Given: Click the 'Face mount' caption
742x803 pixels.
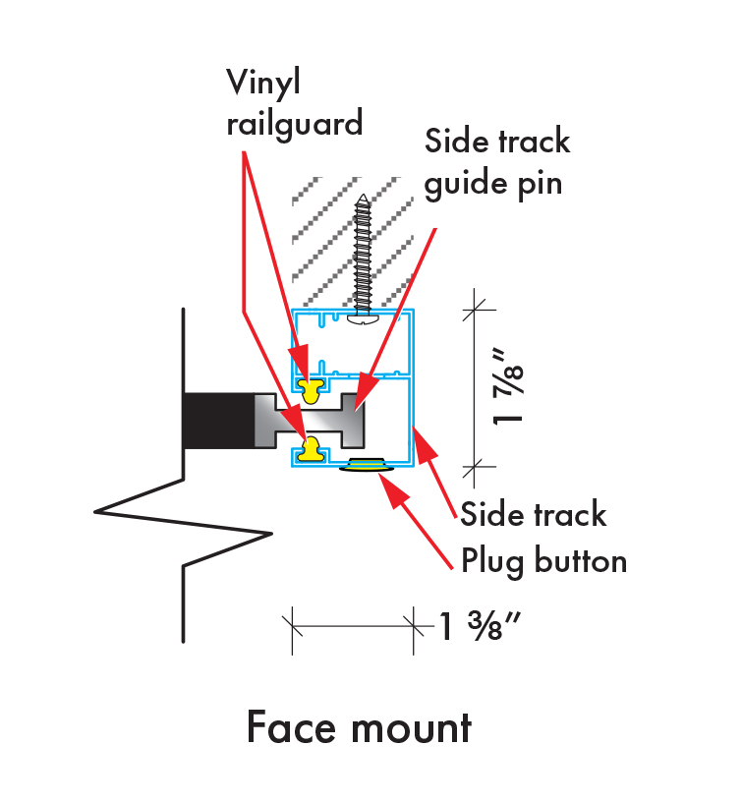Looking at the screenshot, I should (359, 728).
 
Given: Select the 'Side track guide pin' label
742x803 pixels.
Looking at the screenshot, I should (497, 161).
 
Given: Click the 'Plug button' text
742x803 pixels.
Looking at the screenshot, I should (544, 561).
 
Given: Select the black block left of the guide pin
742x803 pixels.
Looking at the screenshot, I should (218, 420).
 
